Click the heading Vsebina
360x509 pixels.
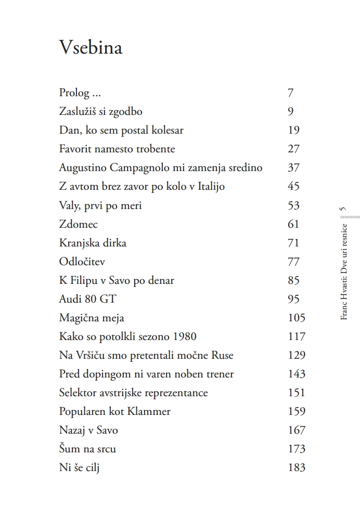(x=91, y=47)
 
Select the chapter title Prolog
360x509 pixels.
(x=74, y=94)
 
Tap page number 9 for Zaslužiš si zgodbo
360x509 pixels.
(x=290, y=111)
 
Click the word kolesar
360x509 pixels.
(x=166, y=130)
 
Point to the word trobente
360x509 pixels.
(x=153, y=149)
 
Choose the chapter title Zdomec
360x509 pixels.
(x=79, y=224)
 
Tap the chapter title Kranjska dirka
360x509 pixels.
(x=93, y=243)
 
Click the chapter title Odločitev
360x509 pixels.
(x=82, y=262)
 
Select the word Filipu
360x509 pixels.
(x=86, y=280)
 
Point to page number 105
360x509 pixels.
(x=296, y=318)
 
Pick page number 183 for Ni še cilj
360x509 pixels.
(x=296, y=467)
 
